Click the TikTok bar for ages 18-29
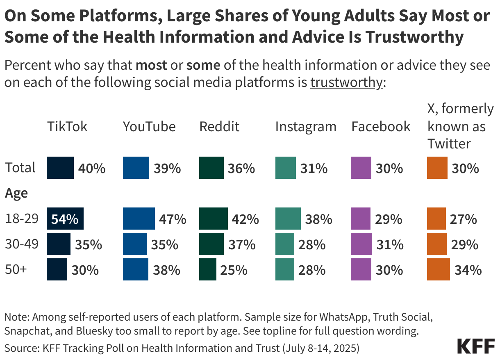coord(65,219)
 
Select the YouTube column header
coord(149,126)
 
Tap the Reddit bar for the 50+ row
coord(207,270)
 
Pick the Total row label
coord(20,168)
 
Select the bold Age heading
coord(16,193)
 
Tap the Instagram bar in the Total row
coord(285,168)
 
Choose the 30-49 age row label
coord(22,244)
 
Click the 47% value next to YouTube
coord(173,219)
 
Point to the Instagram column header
coord(306,126)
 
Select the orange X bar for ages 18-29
coord(436,219)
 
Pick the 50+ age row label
coord(15,270)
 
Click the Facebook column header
coord(381,126)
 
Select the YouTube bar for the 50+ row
coord(136,270)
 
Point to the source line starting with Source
coord(182,348)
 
